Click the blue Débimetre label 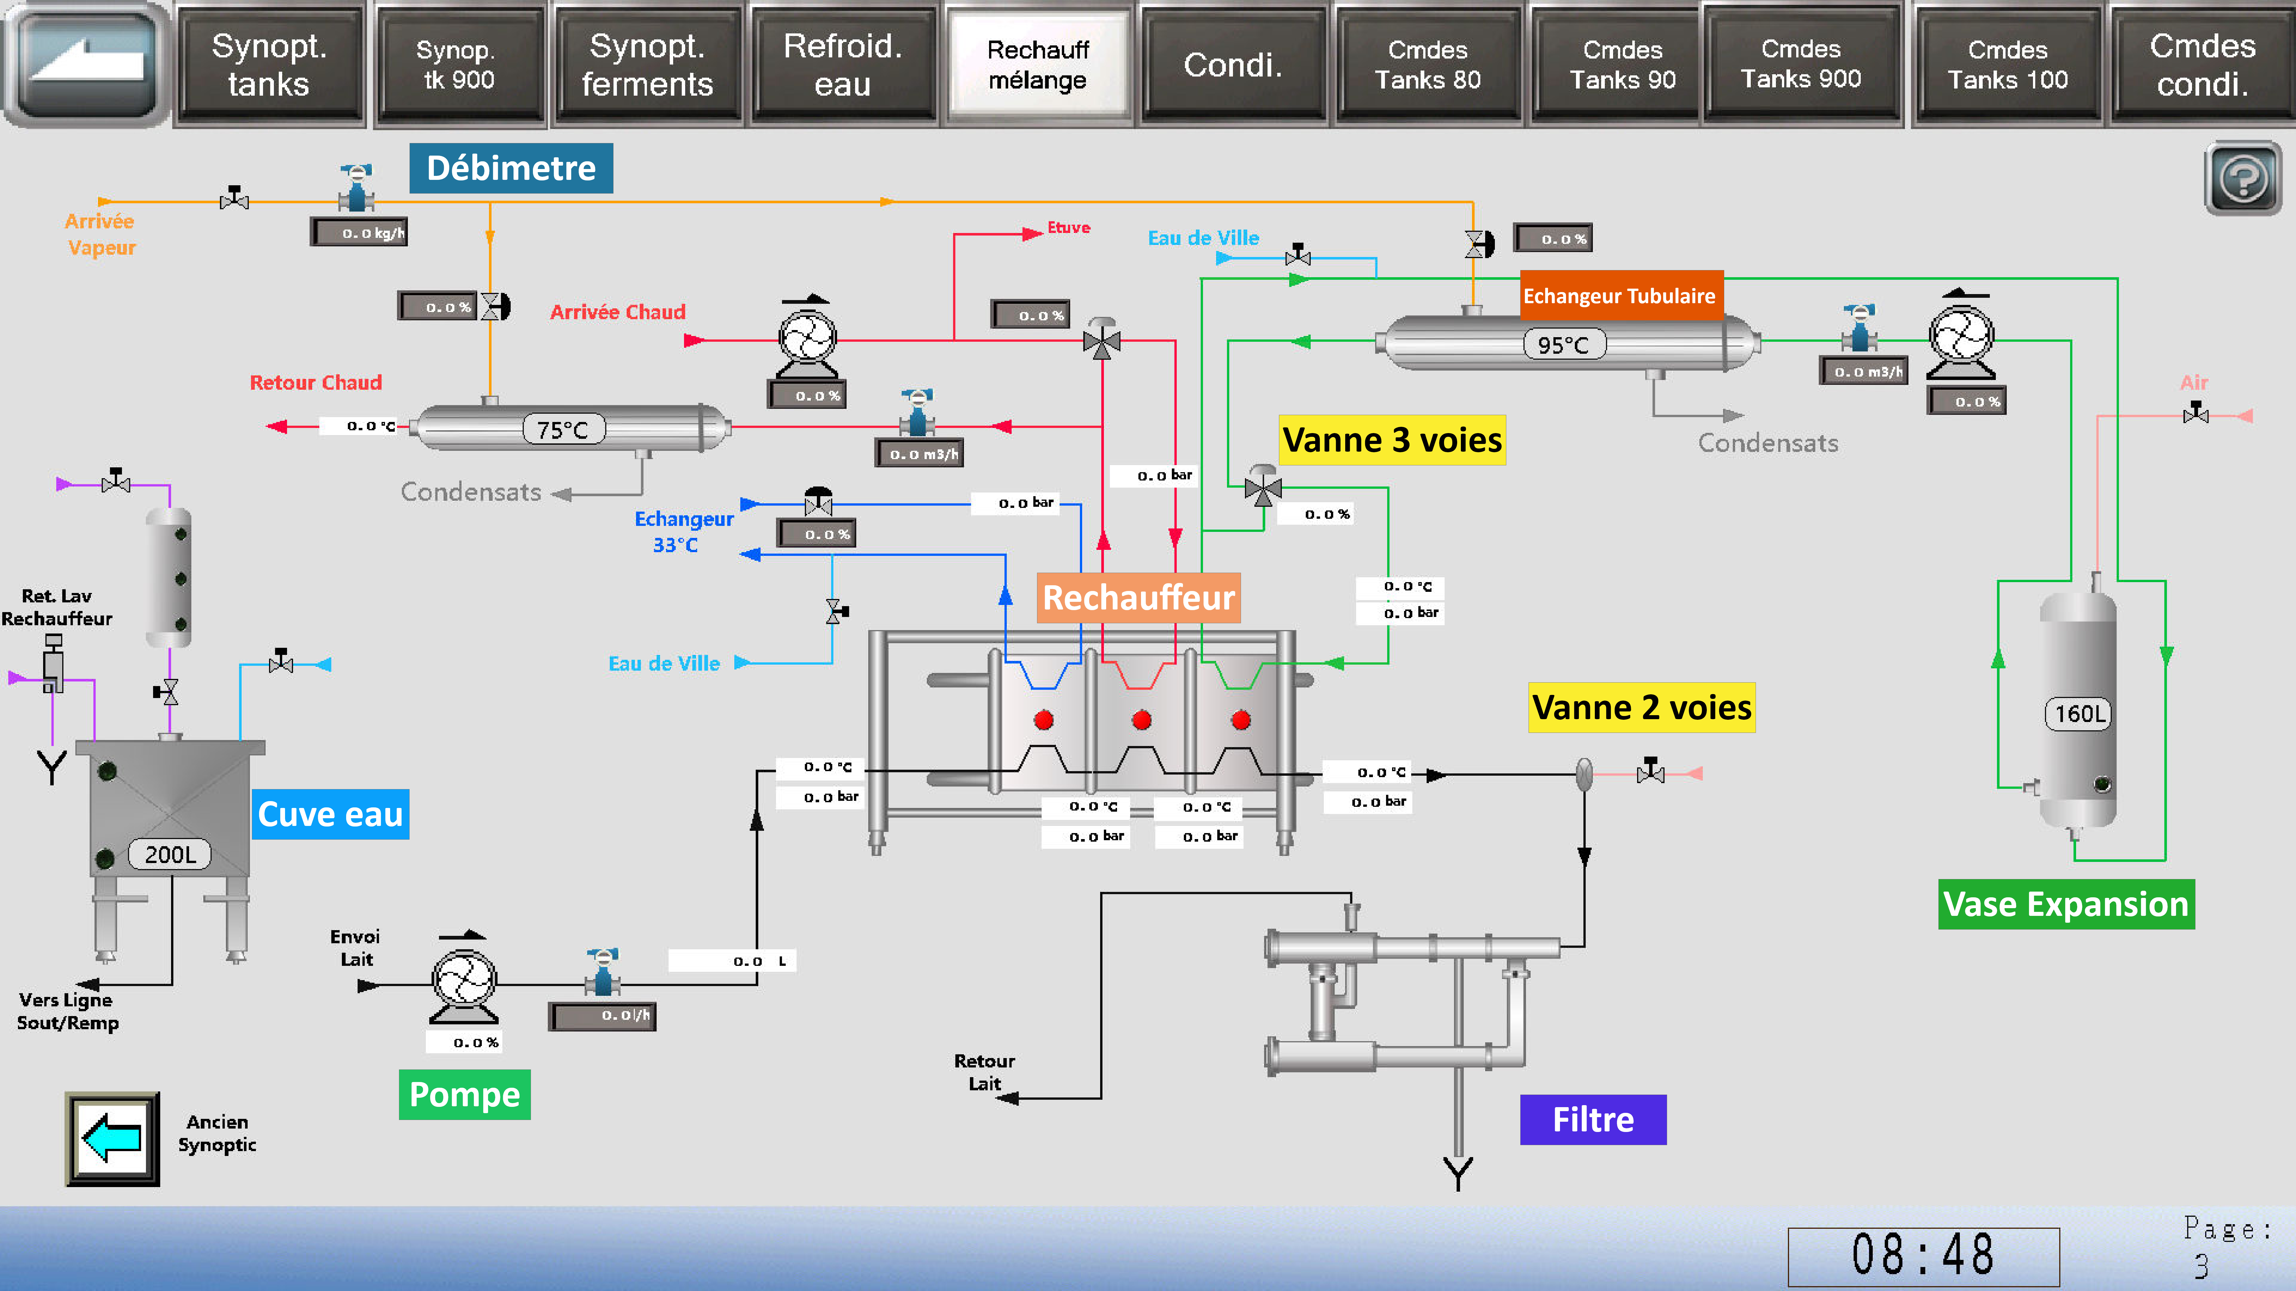pyautogui.click(x=511, y=168)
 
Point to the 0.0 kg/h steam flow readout pyautogui.click(x=359, y=233)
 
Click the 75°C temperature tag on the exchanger pyautogui.click(x=563, y=429)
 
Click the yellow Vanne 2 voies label pyautogui.click(x=1642, y=707)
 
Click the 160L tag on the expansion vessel pyautogui.click(x=2079, y=714)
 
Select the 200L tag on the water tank pyautogui.click(x=170, y=854)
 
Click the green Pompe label pyautogui.click(x=464, y=1094)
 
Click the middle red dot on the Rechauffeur pyautogui.click(x=1142, y=720)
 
